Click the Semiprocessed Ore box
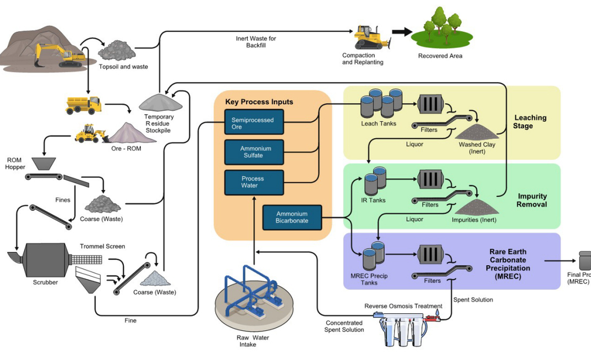click(254, 123)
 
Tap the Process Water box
click(254, 182)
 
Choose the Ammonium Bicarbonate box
click(292, 217)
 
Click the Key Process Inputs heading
click(259, 102)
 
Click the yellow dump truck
click(84, 105)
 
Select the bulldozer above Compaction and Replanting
click(371, 37)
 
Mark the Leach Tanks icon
click(381, 102)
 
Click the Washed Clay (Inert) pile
click(477, 132)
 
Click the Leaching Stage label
click(530, 122)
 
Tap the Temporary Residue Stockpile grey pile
click(161, 102)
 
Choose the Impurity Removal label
click(532, 200)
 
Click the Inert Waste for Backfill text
click(256, 41)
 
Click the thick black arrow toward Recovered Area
click(401, 32)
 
